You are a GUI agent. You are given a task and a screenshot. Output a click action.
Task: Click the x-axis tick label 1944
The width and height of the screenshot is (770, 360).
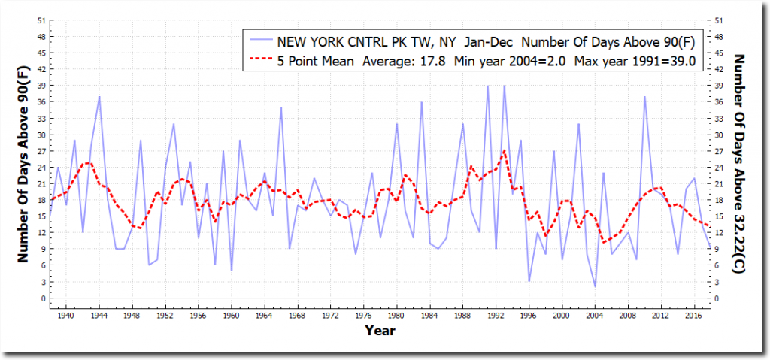pos(99,316)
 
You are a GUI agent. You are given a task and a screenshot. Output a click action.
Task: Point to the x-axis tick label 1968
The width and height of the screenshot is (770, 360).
pos(297,316)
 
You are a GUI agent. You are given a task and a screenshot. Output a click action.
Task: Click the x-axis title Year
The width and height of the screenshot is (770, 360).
pos(380,330)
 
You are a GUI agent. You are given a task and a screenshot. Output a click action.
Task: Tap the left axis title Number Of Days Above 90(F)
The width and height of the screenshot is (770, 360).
pos(23,162)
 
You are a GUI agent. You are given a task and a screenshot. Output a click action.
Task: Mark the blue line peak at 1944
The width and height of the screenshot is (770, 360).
pos(99,97)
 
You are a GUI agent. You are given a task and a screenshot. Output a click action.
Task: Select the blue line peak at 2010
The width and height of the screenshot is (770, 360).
pos(644,97)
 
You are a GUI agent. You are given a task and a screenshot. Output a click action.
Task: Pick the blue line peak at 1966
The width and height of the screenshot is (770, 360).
pos(281,107)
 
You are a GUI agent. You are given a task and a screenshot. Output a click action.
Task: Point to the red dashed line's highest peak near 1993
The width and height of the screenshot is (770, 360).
pos(504,151)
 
